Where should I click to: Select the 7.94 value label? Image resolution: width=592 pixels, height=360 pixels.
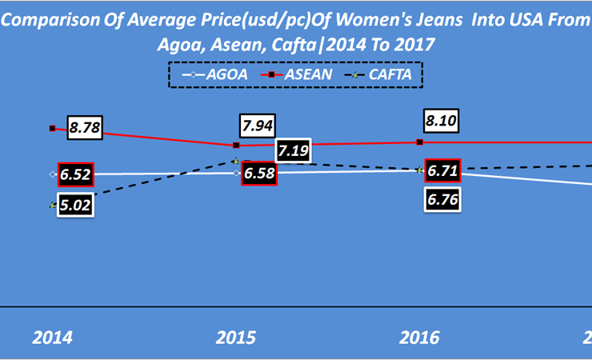pyautogui.click(x=257, y=126)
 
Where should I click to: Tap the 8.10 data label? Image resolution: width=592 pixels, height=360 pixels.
pyautogui.click(x=441, y=122)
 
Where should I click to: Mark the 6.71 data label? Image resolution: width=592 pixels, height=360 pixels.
pyautogui.click(x=442, y=171)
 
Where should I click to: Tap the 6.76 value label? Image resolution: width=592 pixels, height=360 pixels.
pyautogui.click(x=442, y=200)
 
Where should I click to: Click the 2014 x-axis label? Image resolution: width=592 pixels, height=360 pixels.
pyautogui.click(x=52, y=337)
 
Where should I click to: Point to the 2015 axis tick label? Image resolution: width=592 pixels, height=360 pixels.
pyautogui.click(x=236, y=337)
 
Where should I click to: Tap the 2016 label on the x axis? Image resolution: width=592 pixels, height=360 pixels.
pyautogui.click(x=419, y=337)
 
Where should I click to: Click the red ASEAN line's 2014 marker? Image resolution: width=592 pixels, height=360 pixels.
pyautogui.click(x=52, y=128)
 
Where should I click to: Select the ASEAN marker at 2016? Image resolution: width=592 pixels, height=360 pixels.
pyautogui.click(x=420, y=142)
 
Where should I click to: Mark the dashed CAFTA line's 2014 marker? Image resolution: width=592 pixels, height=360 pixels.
pyautogui.click(x=52, y=205)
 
